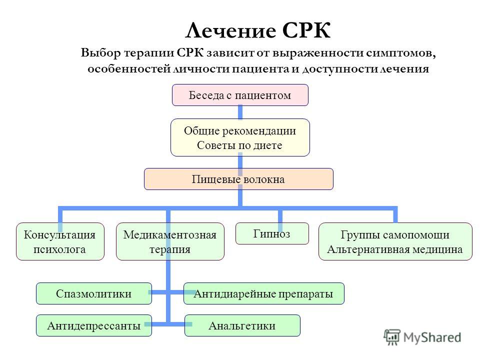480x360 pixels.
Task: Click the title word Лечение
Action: point(230,30)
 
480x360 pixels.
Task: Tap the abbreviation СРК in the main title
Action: point(306,30)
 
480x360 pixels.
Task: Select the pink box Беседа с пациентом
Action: point(240,95)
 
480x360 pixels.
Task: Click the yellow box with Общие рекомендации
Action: point(240,137)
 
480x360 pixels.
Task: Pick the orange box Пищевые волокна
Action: point(238,179)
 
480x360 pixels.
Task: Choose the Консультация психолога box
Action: point(60,241)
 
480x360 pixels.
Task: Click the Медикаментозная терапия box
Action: point(170,241)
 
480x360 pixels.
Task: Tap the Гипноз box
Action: point(272,233)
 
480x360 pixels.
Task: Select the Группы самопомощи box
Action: point(395,241)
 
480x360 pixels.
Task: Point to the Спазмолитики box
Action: point(93,293)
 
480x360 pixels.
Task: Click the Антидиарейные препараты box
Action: point(263,293)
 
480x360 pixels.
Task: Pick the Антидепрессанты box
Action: point(93,325)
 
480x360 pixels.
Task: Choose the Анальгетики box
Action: point(242,325)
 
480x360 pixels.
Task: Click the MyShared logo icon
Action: point(392,337)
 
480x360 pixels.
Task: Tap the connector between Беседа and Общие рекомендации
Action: point(240,112)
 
